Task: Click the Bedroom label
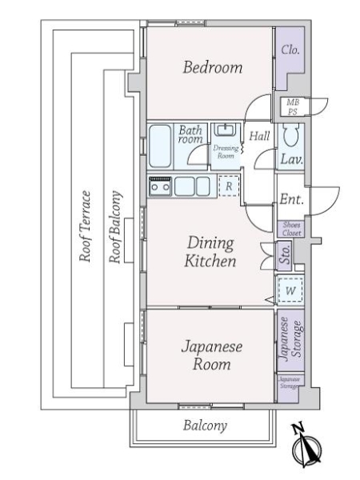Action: point(212,68)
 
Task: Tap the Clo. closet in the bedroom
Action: point(290,50)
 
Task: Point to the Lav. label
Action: point(290,159)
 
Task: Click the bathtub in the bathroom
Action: point(162,144)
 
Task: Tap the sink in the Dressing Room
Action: point(226,131)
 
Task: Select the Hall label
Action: point(258,137)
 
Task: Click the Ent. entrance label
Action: point(290,199)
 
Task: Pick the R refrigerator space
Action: point(229,186)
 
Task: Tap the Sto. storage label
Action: point(286,257)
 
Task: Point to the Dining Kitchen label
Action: point(210,252)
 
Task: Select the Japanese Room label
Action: point(206,356)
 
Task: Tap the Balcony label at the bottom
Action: point(205,426)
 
